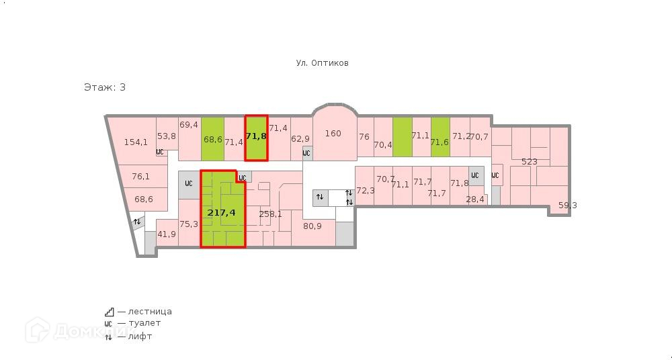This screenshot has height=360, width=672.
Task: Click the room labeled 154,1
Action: click(x=136, y=142)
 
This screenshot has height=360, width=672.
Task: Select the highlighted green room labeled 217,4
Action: click(x=222, y=212)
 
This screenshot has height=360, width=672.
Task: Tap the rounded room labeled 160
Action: click(x=333, y=134)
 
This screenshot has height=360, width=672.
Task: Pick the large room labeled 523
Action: click(x=530, y=161)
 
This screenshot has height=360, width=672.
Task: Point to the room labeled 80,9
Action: click(x=312, y=226)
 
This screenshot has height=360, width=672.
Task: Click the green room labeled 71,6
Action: click(x=439, y=142)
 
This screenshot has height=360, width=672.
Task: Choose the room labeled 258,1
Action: click(x=270, y=214)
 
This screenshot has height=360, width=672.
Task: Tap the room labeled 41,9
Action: click(x=167, y=234)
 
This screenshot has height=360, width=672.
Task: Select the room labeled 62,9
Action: click(x=300, y=139)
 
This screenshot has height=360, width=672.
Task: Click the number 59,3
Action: click(x=568, y=206)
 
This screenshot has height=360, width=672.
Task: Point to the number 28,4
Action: click(x=475, y=199)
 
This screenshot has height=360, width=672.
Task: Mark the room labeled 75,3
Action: click(x=189, y=224)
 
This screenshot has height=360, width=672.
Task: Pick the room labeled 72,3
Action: click(x=365, y=191)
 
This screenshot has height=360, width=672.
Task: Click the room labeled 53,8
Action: click(x=167, y=136)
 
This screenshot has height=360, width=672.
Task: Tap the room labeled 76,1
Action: click(x=140, y=177)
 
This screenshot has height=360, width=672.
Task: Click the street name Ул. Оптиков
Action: click(x=323, y=63)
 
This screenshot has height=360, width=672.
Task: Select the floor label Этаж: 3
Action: click(x=105, y=87)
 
